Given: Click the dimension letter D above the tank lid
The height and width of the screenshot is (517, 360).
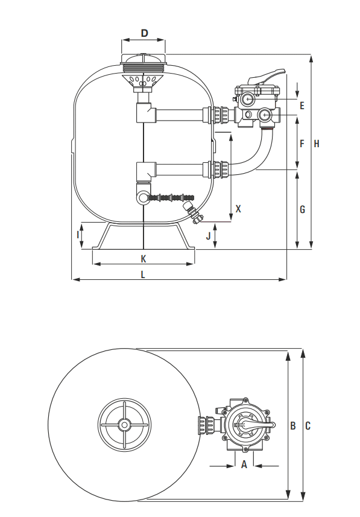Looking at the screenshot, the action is point(144,33).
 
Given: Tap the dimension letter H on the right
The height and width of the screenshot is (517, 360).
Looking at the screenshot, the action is point(317,144).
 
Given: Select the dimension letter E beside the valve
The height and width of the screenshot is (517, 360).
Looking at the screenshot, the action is point(302,106).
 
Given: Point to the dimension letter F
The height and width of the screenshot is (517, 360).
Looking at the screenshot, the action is point(302,144).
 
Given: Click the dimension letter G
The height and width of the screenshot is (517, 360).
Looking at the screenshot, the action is point(302,209).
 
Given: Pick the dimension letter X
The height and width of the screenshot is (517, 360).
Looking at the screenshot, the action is point(238,209).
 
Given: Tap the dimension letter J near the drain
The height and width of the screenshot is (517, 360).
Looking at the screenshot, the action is point(208,236).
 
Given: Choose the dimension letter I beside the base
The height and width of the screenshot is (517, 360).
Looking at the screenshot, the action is point(78,235).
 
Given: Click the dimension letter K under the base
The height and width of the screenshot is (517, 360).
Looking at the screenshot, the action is point(144,259).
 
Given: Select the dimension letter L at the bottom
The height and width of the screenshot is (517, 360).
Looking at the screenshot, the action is point(143,274).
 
